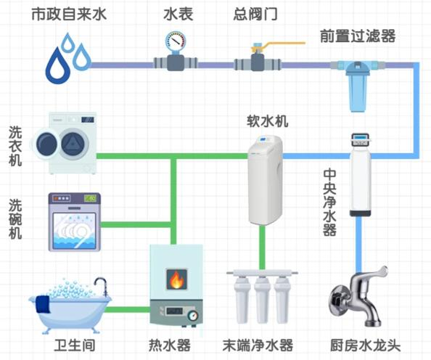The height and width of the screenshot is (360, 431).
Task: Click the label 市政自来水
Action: (69, 14)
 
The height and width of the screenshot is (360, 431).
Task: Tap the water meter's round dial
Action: (175, 42)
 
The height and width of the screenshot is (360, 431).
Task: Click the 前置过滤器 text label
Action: (358, 36)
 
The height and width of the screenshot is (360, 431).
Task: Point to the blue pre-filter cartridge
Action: (358, 87)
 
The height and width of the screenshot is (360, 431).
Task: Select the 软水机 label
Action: (268, 121)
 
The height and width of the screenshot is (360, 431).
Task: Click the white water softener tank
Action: (266, 180)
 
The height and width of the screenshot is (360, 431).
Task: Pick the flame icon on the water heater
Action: (177, 279)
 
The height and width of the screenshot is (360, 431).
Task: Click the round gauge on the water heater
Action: (193, 315)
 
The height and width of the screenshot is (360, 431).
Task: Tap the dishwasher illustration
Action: (75, 221)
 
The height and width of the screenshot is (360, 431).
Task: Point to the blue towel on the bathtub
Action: (43, 304)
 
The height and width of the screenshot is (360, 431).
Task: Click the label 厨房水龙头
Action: (365, 345)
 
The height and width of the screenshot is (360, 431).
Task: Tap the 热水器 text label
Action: (170, 345)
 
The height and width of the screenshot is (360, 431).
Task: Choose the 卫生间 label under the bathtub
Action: (75, 345)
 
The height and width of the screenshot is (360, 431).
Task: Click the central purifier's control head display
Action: (361, 136)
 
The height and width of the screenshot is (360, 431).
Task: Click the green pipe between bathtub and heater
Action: (128, 310)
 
